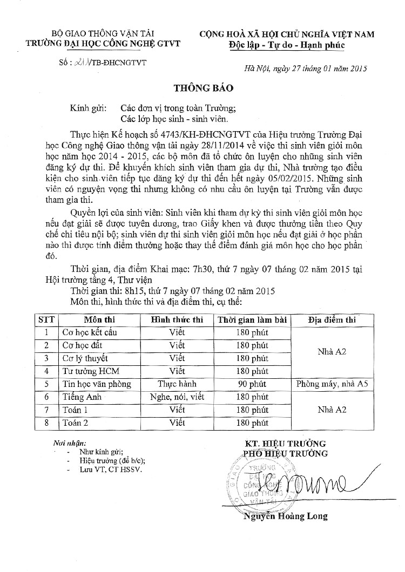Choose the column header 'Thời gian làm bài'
(252, 320)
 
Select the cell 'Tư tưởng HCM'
(94, 371)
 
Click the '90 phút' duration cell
(252, 384)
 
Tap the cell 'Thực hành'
(177, 384)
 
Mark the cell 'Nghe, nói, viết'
(177, 397)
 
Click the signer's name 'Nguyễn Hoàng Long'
(285, 516)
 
